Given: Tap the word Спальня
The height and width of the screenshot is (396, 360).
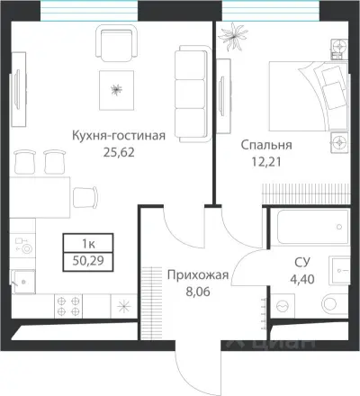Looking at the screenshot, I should click(x=265, y=144).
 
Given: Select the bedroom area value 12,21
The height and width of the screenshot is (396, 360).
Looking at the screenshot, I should click(x=265, y=160).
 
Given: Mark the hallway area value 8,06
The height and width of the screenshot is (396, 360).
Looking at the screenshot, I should click(x=198, y=292).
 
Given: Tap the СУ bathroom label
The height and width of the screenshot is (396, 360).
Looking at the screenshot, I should click(x=302, y=262).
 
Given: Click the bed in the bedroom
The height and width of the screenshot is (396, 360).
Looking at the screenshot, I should click(x=306, y=94).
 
